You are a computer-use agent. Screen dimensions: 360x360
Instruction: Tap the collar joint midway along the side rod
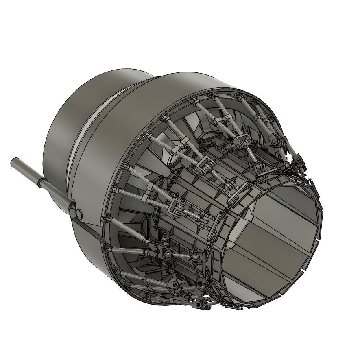coord(42,183)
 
